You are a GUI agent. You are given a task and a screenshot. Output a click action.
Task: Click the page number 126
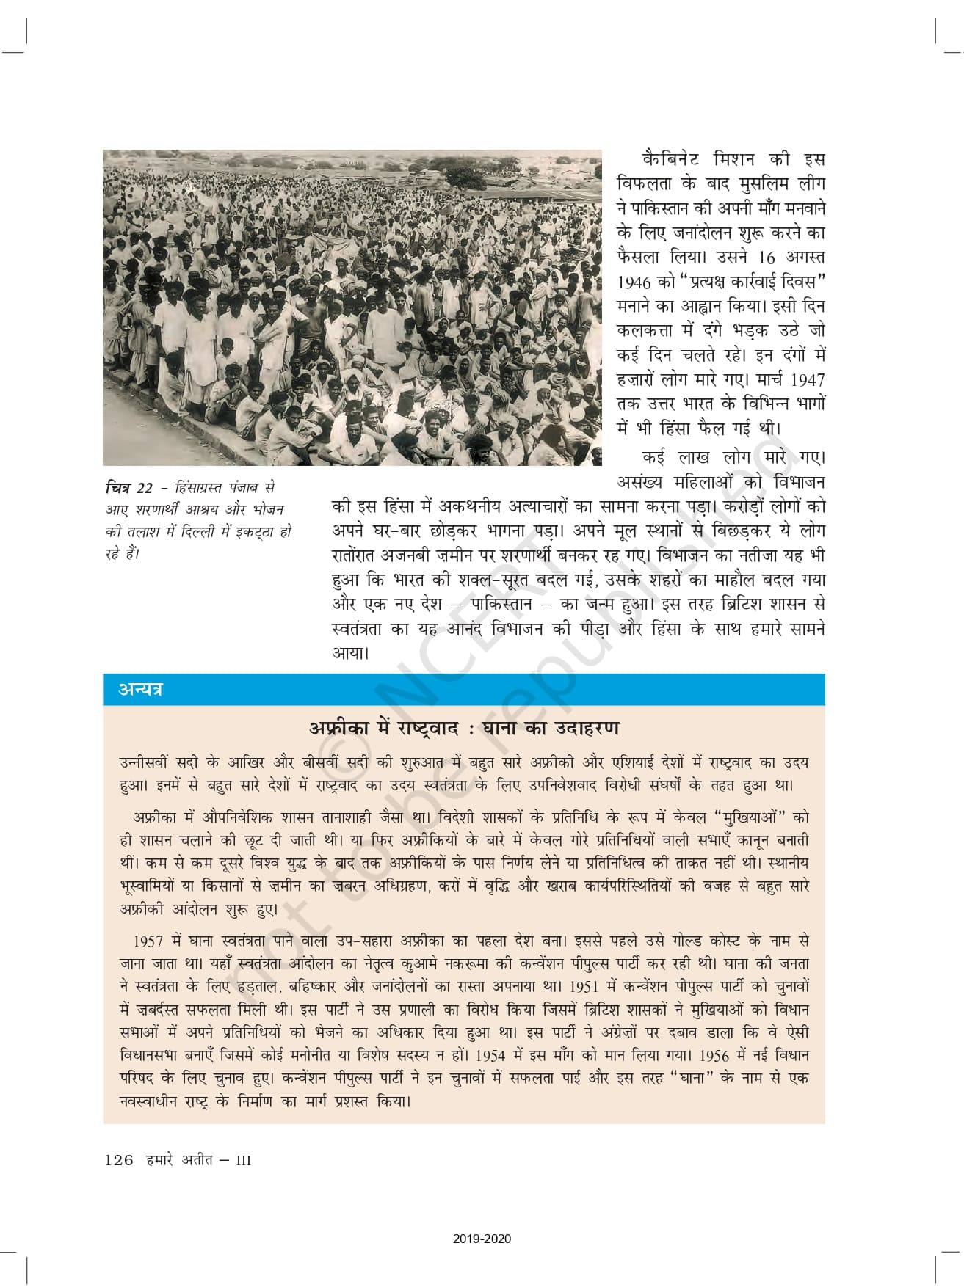click(x=119, y=1160)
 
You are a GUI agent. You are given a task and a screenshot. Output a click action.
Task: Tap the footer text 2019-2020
click(x=482, y=1239)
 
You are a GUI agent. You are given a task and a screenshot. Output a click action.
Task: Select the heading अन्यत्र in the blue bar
click(x=140, y=690)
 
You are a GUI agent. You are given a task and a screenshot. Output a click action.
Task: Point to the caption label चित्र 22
click(x=129, y=488)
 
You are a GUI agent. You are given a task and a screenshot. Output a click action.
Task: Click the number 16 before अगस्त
click(x=767, y=258)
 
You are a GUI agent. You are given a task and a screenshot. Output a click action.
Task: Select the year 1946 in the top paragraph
click(x=634, y=282)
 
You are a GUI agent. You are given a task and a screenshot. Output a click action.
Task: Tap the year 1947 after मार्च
click(x=808, y=380)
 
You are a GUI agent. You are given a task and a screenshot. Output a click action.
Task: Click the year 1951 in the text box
click(x=584, y=987)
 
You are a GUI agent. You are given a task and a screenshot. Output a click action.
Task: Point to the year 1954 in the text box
click(x=490, y=1056)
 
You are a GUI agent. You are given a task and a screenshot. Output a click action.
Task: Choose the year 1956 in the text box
click(x=714, y=1056)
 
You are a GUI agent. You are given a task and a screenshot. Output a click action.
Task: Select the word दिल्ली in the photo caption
click(x=197, y=531)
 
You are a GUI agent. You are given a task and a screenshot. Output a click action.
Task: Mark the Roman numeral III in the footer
click(x=243, y=1161)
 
